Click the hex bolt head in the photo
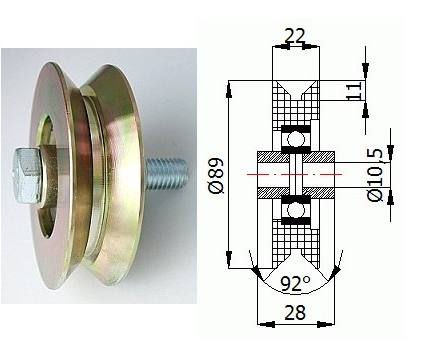pos(27,176)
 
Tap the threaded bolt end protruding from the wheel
pos(167,174)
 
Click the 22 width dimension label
pos(295,36)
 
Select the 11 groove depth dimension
pos(354,90)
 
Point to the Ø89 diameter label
pos(217,175)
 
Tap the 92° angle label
pos(295,284)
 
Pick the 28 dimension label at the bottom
pos(295,313)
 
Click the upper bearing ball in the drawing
pos(296,139)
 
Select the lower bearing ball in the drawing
pos(296,210)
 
